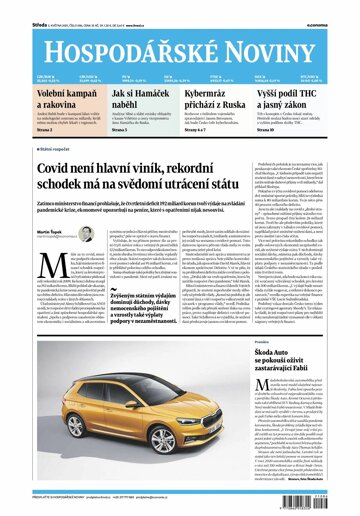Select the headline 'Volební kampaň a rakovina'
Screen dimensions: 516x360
pos(39,100)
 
